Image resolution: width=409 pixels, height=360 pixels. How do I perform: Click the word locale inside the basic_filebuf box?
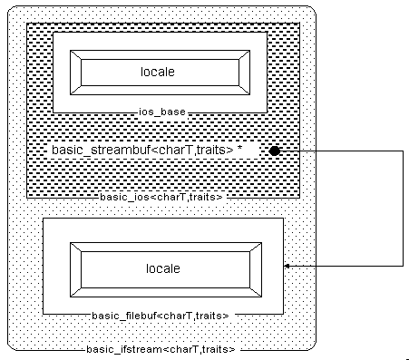[x=163, y=269]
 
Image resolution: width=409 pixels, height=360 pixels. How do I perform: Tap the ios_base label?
[x=163, y=112]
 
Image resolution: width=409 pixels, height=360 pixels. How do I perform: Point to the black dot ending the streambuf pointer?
[x=275, y=150]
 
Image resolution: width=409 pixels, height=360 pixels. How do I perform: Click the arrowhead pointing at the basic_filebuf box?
[x=287, y=266]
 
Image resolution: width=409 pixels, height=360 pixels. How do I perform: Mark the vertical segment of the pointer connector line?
[x=403, y=208]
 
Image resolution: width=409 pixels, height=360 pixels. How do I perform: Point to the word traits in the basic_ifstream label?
[x=216, y=348]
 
